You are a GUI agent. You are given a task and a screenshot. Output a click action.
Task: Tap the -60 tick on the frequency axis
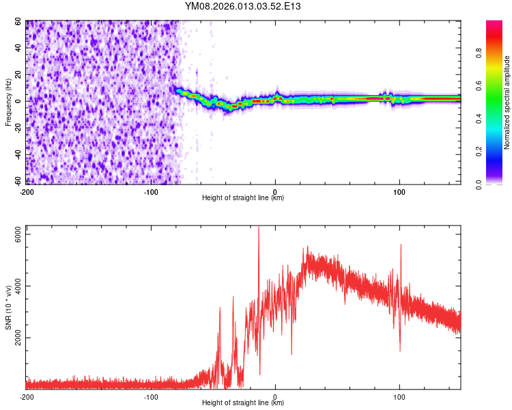(x=18, y=181)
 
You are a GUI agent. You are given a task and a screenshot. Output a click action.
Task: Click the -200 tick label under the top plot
(x=27, y=191)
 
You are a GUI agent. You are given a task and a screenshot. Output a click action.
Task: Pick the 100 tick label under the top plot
(x=399, y=191)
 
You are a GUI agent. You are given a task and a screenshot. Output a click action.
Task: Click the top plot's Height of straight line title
(x=243, y=198)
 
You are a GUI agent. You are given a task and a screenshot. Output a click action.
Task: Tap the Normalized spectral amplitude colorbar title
(x=507, y=102)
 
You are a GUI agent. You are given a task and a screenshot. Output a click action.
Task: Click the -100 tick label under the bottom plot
(x=150, y=396)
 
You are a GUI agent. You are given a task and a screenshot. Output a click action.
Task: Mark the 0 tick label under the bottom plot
(x=275, y=396)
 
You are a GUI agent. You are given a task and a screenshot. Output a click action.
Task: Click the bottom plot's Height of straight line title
(x=243, y=403)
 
